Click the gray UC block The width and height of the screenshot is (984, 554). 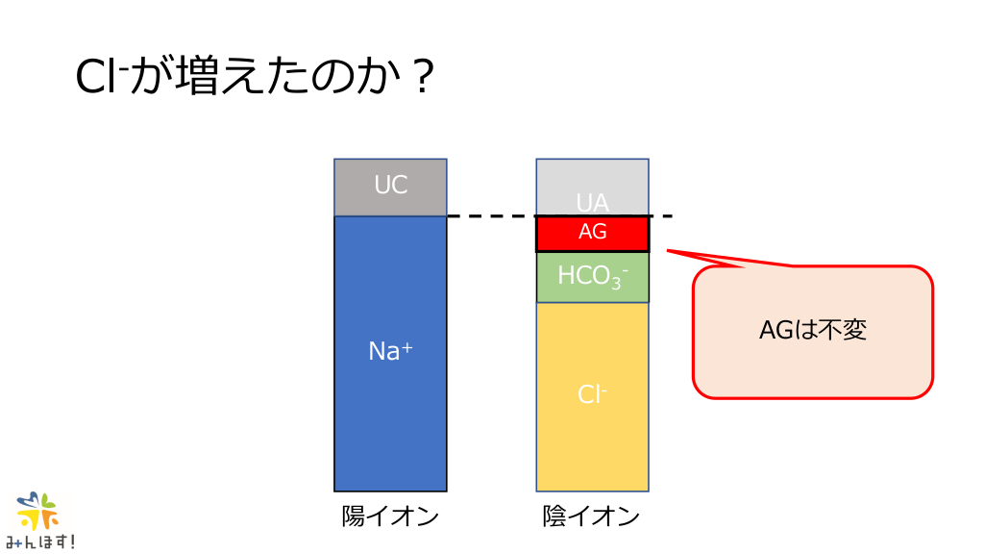tap(390, 188)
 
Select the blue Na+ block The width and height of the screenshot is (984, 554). tap(390, 354)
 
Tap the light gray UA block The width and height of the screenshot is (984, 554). tap(592, 187)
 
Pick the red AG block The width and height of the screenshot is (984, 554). tap(592, 234)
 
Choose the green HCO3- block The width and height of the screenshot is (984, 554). tap(592, 277)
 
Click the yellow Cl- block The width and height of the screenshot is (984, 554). tap(592, 397)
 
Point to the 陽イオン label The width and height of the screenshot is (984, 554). tap(390, 516)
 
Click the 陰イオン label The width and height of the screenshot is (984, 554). tap(591, 516)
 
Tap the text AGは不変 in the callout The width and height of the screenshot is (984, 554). tap(813, 330)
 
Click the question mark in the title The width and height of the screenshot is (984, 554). tap(424, 77)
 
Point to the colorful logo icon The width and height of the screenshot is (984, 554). tap(37, 511)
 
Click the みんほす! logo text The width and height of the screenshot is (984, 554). tap(40, 541)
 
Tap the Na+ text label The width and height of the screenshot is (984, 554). tap(390, 350)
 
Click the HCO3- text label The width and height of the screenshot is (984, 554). tap(592, 276)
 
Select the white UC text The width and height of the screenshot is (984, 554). tap(390, 185)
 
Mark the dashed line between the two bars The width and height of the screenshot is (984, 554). tap(560, 216)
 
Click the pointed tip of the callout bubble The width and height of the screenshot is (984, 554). tap(667, 251)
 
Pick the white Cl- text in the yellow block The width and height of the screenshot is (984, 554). tap(592, 394)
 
